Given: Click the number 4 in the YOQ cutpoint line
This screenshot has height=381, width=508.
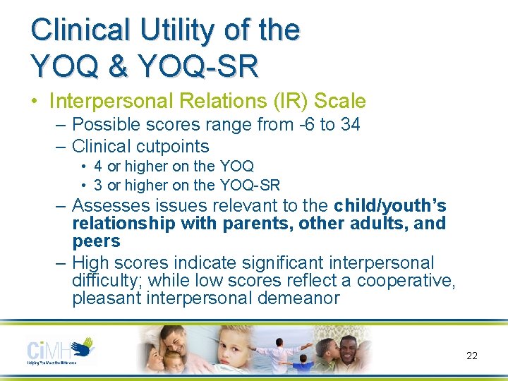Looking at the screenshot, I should click(98, 167).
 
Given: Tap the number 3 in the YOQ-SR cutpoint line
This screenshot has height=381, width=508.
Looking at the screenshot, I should click(98, 186).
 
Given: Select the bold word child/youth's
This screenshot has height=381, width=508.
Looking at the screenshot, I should click(390, 206).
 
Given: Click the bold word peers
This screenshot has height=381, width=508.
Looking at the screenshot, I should click(96, 241).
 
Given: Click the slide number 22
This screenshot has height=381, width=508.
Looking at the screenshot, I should click(472, 356).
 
